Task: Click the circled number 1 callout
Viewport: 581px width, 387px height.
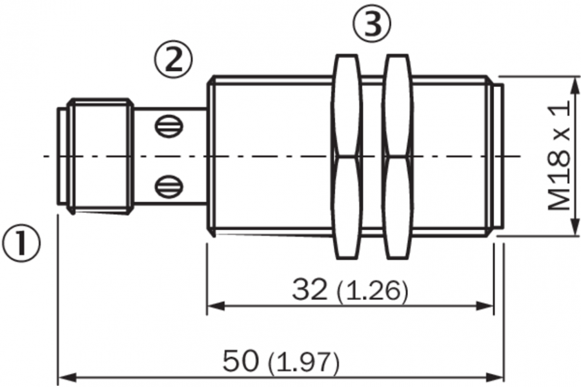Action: [x=21, y=243]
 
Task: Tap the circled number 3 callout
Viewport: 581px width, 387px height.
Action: [x=372, y=23]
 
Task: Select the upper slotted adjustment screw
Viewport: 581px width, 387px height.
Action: [x=169, y=126]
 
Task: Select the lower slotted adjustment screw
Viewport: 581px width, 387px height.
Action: [x=169, y=186]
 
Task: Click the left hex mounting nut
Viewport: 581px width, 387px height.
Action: [x=347, y=156]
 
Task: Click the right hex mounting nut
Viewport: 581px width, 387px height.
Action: [x=398, y=156]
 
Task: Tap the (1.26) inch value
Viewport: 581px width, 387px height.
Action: [x=372, y=291]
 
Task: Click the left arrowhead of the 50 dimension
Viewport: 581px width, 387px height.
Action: [x=67, y=378]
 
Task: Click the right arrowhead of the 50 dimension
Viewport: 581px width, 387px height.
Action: [x=494, y=378]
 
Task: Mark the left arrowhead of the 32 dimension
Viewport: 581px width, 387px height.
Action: [x=216, y=306]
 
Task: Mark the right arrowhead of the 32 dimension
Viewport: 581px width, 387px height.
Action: [x=485, y=306]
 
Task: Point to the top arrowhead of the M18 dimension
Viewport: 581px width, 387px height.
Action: [x=575, y=86]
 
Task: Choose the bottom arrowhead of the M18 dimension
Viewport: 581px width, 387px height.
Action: [x=575, y=226]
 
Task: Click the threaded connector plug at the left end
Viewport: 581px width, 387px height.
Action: [x=95, y=156]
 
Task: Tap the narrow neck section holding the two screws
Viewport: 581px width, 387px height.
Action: [x=170, y=156]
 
